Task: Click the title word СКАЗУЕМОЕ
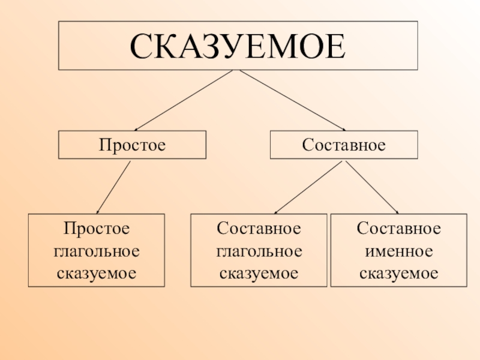click(238, 46)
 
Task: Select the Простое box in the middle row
click(132, 145)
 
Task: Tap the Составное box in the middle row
click(344, 145)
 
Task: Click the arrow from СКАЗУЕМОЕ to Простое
click(183, 100)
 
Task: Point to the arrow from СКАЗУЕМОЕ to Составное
click(293, 100)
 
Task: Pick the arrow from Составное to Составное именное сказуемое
click(372, 187)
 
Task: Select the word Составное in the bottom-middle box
click(259, 229)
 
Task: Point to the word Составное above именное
click(399, 229)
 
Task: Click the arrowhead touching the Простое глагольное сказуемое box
click(99, 211)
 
